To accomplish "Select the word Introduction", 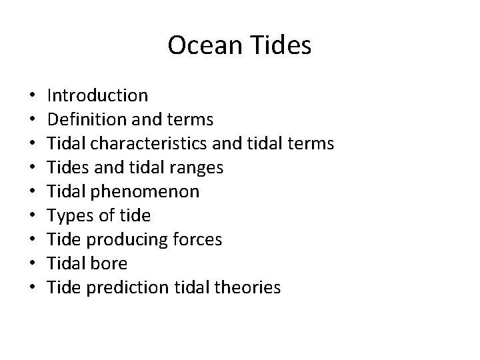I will click(x=98, y=96).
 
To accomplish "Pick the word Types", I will click(x=71, y=216).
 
